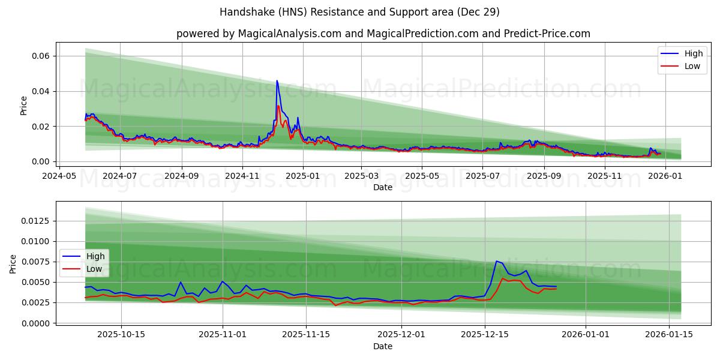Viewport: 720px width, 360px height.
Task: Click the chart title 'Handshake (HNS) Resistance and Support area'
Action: coord(359,12)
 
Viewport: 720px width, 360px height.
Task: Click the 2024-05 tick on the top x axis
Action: coord(59,176)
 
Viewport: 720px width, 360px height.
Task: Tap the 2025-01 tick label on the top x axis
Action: coord(302,176)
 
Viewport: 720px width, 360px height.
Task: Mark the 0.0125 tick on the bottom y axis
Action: coord(36,221)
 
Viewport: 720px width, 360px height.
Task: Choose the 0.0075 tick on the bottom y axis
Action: coord(36,262)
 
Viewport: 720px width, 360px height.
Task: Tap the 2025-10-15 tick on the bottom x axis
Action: coord(121,334)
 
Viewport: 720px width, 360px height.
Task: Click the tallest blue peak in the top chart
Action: coord(277,81)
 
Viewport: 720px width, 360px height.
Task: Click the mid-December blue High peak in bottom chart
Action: coord(496,261)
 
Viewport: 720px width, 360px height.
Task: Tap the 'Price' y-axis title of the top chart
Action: coord(23,105)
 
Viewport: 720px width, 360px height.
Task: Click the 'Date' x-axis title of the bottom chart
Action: coord(383,346)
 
